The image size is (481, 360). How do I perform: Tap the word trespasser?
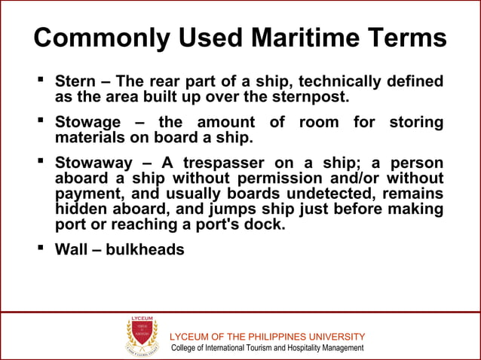[x=230, y=163]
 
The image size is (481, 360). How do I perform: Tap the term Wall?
[x=72, y=249]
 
